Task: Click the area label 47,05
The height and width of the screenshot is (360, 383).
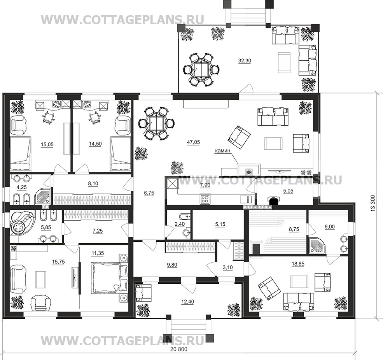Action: tap(193, 142)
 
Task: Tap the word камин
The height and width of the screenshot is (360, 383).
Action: tap(222, 151)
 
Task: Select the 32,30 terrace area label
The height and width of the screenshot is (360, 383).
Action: tap(245, 61)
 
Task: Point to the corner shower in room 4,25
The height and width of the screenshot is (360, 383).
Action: tap(43, 196)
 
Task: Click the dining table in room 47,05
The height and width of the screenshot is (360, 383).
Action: tap(156, 123)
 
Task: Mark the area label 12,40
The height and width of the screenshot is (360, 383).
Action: tap(187, 302)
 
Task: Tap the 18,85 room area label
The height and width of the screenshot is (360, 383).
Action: tap(298, 264)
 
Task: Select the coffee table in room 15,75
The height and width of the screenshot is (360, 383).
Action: tap(40, 279)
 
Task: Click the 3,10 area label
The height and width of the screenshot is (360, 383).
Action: tap(227, 267)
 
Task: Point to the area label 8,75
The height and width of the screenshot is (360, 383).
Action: tap(294, 229)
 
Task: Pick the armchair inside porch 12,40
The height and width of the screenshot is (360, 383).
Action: tap(143, 293)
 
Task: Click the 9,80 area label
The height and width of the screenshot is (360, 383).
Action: tap(172, 265)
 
